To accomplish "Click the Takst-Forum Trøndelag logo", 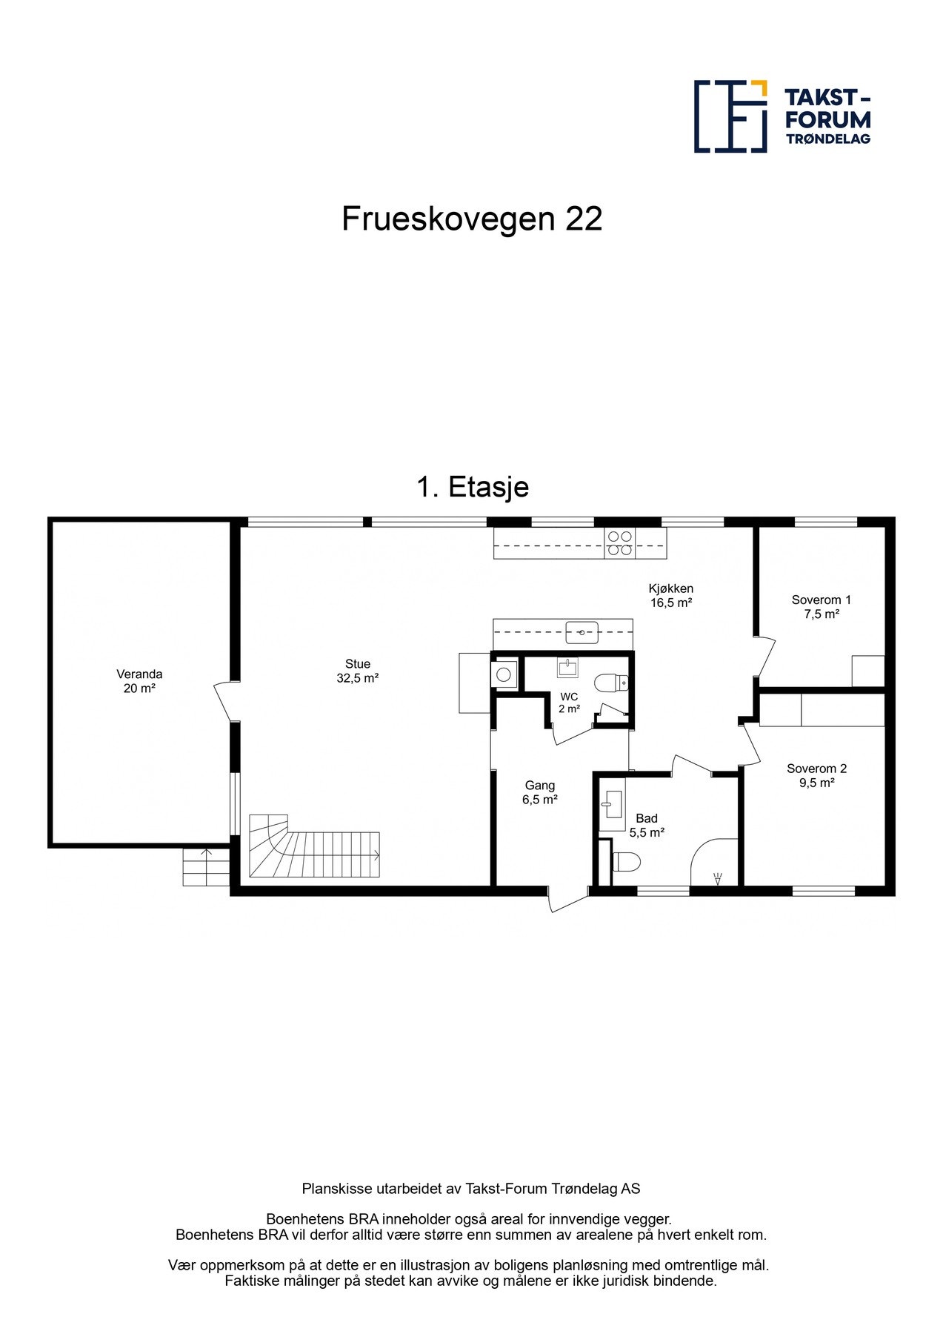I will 782,116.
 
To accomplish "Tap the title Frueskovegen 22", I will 471,219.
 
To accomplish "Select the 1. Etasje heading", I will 473,487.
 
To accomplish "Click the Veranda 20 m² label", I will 139,681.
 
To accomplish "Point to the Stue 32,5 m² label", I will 358,671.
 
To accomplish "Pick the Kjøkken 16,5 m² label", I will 671,595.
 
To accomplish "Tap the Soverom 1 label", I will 821,606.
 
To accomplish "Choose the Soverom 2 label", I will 816,775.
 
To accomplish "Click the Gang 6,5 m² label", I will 539,792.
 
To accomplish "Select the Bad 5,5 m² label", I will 647,825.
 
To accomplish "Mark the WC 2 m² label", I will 569,703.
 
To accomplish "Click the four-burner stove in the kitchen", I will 620,542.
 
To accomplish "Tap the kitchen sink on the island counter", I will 582,633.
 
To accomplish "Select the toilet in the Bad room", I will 627,861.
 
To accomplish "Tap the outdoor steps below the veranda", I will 206,866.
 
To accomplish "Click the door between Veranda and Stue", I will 223,700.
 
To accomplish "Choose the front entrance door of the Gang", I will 567,899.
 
